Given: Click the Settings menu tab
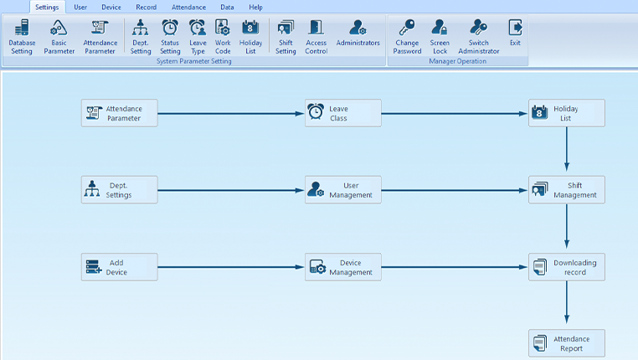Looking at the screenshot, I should (46, 7).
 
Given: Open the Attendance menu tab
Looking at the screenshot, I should (188, 7).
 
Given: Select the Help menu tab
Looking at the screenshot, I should (255, 7).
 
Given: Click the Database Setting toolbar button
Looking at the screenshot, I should (22, 37).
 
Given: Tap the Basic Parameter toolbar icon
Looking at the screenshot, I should (59, 37).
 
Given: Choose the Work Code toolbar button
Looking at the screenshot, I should (223, 37).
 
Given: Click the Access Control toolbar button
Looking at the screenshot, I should (316, 37).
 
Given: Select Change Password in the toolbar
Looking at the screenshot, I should (407, 37).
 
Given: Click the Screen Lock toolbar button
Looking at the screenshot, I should (440, 37).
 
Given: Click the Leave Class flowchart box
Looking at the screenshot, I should (343, 113).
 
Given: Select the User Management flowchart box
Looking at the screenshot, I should (343, 190).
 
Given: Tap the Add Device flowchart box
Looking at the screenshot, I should (119, 267).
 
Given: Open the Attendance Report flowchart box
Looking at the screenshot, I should (566, 343).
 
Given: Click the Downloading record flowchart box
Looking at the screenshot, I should (566, 267).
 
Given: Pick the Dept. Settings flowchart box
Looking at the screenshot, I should (119, 190).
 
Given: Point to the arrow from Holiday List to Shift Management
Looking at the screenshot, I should (567, 151).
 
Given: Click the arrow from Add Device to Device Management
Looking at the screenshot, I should (230, 268).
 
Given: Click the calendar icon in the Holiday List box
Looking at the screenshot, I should (539, 112).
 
